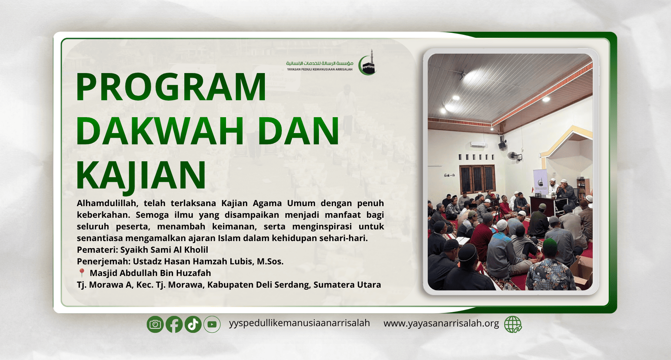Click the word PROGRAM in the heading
171,87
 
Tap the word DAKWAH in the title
160,131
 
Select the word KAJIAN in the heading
141,175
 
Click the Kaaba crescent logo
368,63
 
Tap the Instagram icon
155,324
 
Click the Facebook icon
174,324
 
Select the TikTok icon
193,324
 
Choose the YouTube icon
212,324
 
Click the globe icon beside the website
513,324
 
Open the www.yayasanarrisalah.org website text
441,323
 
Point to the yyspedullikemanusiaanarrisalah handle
299,323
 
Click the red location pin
82,273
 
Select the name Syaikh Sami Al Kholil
164,250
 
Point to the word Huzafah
194,273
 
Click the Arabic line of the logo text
320,63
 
